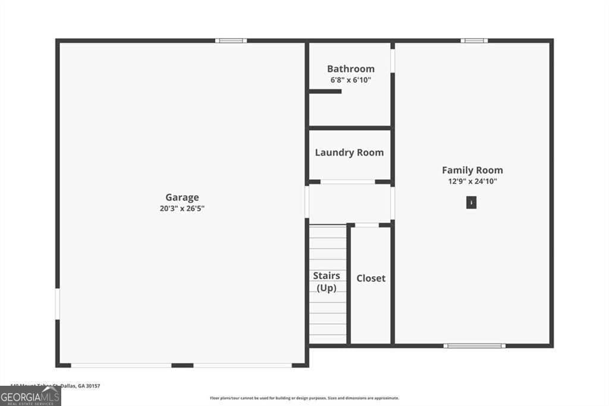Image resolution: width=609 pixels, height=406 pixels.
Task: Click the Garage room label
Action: [182, 197]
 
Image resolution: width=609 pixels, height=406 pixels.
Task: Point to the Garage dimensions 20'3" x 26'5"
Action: [182, 208]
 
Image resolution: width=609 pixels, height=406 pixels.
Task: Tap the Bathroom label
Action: [351, 68]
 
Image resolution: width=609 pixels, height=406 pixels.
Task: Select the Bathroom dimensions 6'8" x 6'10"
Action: [351, 79]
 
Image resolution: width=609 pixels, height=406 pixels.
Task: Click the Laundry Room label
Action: [349, 152]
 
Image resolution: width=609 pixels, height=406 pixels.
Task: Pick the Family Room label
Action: [472, 170]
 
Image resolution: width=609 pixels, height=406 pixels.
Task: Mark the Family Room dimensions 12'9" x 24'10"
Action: [472, 181]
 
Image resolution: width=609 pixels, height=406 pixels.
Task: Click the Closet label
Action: [371, 278]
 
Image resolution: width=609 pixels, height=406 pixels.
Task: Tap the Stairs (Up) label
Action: [327, 282]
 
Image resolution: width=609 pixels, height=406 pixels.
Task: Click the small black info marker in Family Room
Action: [471, 203]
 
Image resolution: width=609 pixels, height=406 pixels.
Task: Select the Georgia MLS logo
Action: [30, 396]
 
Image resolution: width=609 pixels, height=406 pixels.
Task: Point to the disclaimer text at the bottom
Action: [304, 398]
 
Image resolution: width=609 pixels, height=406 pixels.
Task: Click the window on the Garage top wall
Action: [231, 40]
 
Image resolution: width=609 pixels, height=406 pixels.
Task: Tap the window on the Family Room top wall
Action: [474, 40]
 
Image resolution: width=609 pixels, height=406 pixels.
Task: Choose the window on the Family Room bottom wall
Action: [475, 345]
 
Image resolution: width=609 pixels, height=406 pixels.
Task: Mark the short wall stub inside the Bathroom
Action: [325, 91]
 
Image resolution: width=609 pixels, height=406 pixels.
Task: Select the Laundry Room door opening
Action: [348, 182]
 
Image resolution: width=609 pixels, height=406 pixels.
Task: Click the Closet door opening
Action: [367, 225]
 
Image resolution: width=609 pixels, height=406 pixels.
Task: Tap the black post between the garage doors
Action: [183, 365]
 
